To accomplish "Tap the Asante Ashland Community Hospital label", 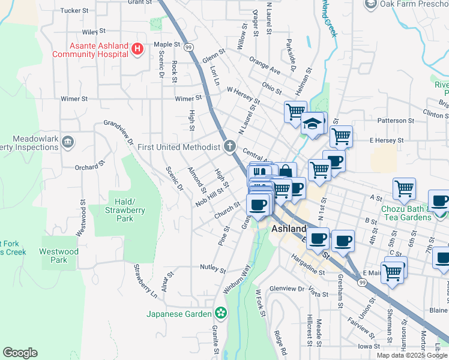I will (91, 49).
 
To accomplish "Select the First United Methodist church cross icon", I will (229, 146).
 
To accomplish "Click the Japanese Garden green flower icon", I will (221, 313).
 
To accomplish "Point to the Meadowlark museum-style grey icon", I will (68, 142).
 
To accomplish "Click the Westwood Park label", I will (59, 256).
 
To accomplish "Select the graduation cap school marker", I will (312, 124).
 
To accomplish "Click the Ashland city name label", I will (289, 229).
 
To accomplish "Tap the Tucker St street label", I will (74, 11).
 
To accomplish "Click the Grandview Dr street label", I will (118, 133).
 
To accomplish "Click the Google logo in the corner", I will (20, 353).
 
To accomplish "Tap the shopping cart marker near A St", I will (404, 188).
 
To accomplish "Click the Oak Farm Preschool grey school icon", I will (370, 4).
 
